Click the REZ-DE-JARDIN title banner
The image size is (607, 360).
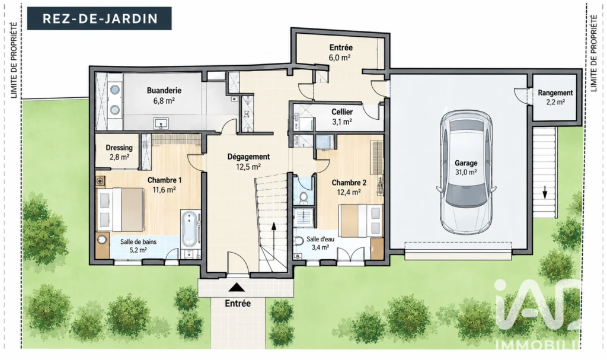coord(99,18)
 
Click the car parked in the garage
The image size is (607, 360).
coord(466,173)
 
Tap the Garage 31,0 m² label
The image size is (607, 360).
coord(466,168)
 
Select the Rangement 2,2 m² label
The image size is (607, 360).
coord(555,97)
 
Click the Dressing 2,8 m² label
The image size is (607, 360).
coord(119,152)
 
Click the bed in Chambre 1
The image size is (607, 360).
coord(120,209)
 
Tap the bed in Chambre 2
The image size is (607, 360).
coord(361,220)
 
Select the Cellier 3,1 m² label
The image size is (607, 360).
coord(342,117)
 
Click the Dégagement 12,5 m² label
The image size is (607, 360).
coord(248,161)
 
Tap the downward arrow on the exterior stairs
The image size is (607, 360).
coord(545,192)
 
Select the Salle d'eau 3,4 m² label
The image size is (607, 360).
coord(320,243)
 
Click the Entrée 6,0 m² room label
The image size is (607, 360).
coord(341,52)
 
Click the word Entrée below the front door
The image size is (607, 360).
coord(238,304)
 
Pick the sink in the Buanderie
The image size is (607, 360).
coord(161,123)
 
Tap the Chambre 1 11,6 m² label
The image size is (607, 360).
coord(164,185)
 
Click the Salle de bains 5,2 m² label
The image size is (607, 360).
coord(138,246)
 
